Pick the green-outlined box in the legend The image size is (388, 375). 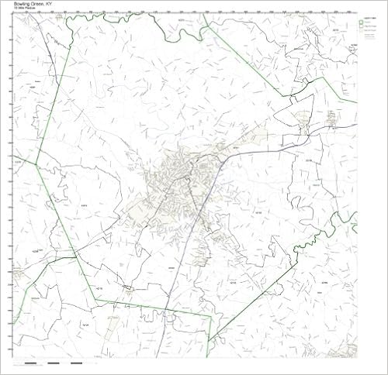[362, 23]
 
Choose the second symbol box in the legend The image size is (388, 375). [362, 29]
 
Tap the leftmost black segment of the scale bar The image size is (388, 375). [30, 363]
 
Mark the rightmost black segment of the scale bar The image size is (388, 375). [76, 363]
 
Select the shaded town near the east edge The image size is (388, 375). [334, 118]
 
